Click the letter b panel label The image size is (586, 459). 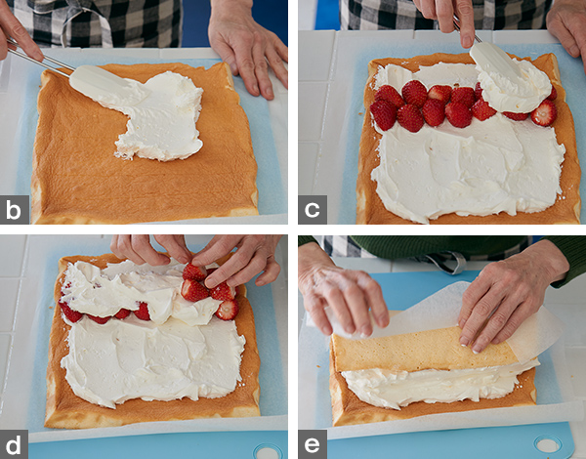pos(14,210)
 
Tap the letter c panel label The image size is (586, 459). pos(313,210)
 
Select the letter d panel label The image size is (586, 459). pos(14,444)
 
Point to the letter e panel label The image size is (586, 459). pos(313,444)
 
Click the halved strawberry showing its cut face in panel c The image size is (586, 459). pos(544,113)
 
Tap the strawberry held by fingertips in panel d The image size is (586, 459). pos(193,271)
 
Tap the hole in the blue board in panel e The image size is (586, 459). pos(548,444)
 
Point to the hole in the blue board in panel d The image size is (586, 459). pos(268,451)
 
